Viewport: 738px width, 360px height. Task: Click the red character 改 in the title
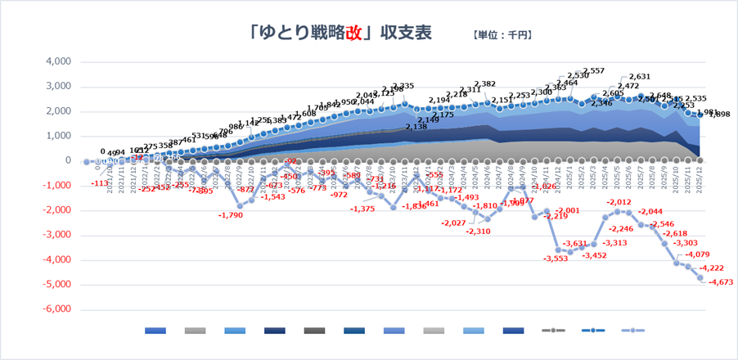(x=353, y=34)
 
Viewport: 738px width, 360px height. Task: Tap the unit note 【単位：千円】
(x=502, y=35)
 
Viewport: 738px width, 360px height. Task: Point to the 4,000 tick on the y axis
(x=57, y=61)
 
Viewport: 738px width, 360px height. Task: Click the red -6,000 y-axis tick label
(x=56, y=310)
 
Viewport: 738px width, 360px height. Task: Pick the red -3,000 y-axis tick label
(x=56, y=236)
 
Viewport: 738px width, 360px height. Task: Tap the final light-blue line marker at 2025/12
(x=701, y=278)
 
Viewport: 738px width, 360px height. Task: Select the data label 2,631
(x=640, y=76)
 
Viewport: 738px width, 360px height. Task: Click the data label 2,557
(x=593, y=71)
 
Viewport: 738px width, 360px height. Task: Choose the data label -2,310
(x=479, y=232)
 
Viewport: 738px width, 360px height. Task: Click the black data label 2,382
(x=485, y=84)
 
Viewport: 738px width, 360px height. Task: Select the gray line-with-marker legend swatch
(x=554, y=331)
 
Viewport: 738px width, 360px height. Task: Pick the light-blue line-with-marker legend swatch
(x=632, y=331)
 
